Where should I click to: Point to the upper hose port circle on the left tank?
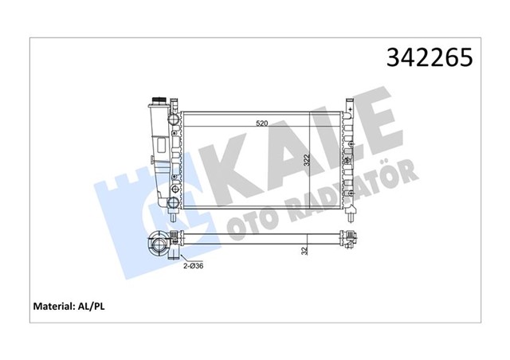click(175, 120)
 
